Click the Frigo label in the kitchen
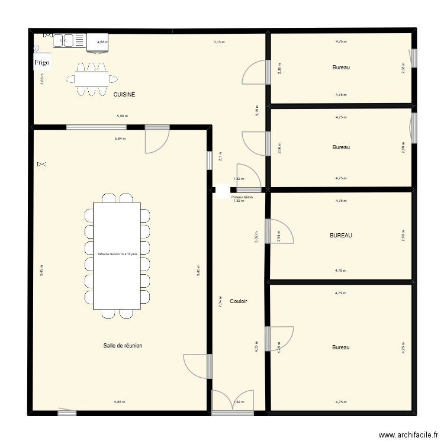pos(41,62)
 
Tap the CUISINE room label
pos(124,94)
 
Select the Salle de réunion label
pos(123,346)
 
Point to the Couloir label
pos(239,301)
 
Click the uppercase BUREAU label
pos(341,236)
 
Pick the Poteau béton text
pos(242,197)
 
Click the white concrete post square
pos(223,190)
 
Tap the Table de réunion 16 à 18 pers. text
pos(117,255)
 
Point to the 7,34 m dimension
pos(220,301)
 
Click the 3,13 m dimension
pos(219,42)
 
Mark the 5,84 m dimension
pos(120,139)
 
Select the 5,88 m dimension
pos(120,403)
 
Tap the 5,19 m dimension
pos(256,111)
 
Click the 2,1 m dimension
pos(220,157)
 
